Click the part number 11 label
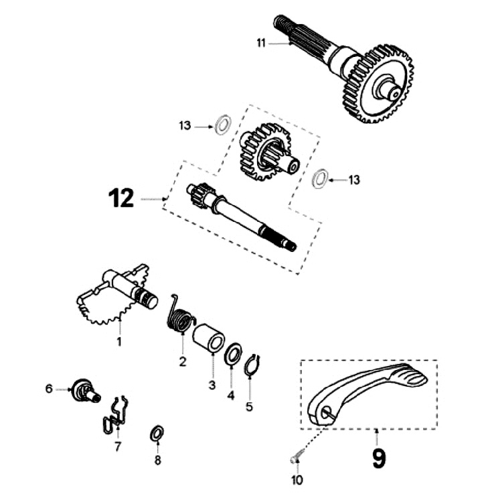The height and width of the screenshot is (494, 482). pos(260,43)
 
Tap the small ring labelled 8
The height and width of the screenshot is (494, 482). pos(157,433)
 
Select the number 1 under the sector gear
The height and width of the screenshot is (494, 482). pos(120,343)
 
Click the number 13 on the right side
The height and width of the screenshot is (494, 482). pos(354,180)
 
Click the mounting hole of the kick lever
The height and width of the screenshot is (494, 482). pos(326,414)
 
